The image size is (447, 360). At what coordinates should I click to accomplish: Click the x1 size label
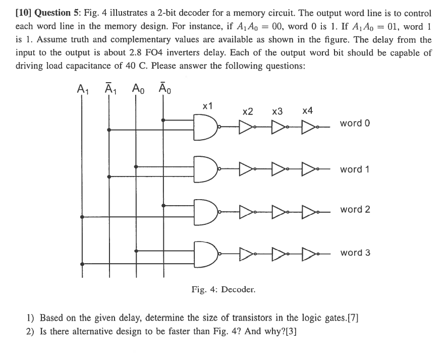click(x=207, y=106)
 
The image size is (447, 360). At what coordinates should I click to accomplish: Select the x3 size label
click(x=277, y=111)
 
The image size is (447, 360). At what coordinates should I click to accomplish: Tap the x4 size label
click(x=307, y=111)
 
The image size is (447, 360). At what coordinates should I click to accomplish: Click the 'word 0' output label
click(x=355, y=124)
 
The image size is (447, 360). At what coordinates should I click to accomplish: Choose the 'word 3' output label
click(x=355, y=253)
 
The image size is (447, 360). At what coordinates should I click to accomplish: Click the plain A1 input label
click(x=83, y=89)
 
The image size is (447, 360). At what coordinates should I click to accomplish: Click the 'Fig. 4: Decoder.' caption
click(x=223, y=289)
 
